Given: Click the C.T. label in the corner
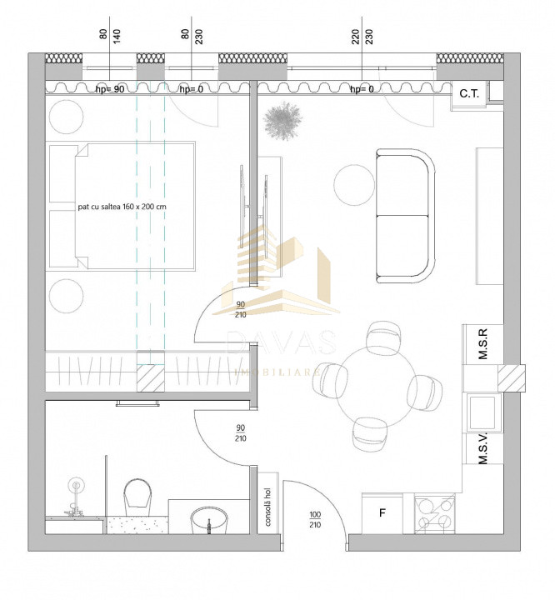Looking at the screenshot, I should (468, 93).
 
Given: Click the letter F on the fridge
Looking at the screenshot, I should (382, 512).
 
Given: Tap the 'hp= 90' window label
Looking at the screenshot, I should (110, 88).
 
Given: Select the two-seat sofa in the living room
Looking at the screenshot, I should (405, 215).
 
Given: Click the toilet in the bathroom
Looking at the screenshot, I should (137, 497).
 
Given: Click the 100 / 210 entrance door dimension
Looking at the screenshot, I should (315, 520).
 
